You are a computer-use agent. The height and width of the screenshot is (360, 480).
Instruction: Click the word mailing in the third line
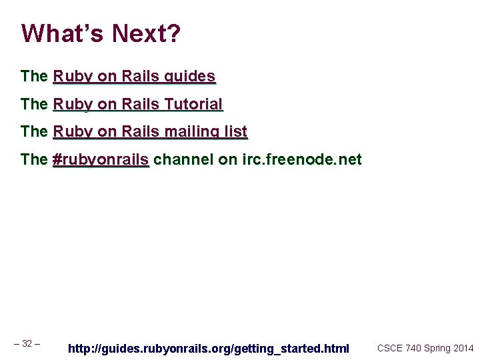tap(193, 132)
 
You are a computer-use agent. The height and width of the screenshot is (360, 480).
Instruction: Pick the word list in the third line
tap(236, 132)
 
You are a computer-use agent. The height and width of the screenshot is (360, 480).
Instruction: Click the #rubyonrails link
tap(101, 160)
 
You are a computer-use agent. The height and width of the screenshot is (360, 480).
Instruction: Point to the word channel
tap(183, 160)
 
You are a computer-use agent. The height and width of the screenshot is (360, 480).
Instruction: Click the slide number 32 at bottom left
tap(27, 344)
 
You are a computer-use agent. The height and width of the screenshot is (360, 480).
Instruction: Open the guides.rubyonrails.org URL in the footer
tap(209, 348)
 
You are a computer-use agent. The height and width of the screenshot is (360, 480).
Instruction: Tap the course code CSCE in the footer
tap(390, 348)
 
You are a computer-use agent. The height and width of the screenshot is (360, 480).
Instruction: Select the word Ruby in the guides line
tap(73, 76)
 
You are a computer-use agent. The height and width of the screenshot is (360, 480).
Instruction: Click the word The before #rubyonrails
tap(34, 160)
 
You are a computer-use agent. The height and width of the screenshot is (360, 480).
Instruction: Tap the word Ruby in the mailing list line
tap(73, 132)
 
